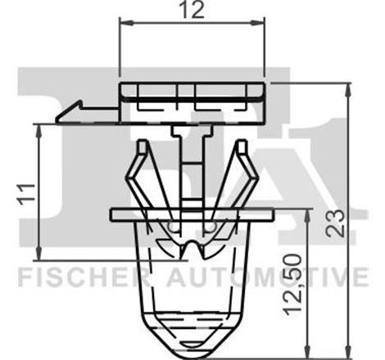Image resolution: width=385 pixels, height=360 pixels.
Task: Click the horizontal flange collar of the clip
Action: (193, 214)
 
